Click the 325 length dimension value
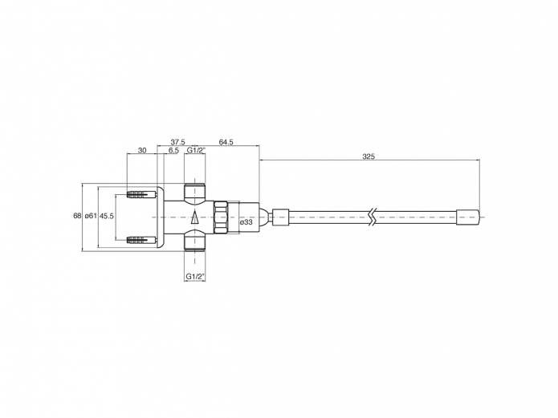pyautogui.click(x=369, y=156)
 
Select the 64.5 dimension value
pyautogui.click(x=226, y=142)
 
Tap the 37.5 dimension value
pyautogui.click(x=177, y=142)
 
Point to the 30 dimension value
pyautogui.click(x=142, y=150)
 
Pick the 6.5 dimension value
pyautogui.click(x=173, y=150)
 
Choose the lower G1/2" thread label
pyautogui.click(x=195, y=277)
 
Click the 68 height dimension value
pyautogui.click(x=77, y=216)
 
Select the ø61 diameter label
pyautogui.click(x=90, y=216)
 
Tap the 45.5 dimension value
pyautogui.click(x=107, y=216)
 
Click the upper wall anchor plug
pyautogui.click(x=141, y=194)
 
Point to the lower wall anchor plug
pyautogui.click(x=141, y=239)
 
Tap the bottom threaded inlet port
pyautogui.click(x=195, y=241)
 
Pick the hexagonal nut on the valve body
pyautogui.click(x=222, y=217)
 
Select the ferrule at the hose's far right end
pyautogui.click(x=467, y=216)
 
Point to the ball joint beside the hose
pyautogui.click(x=265, y=216)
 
